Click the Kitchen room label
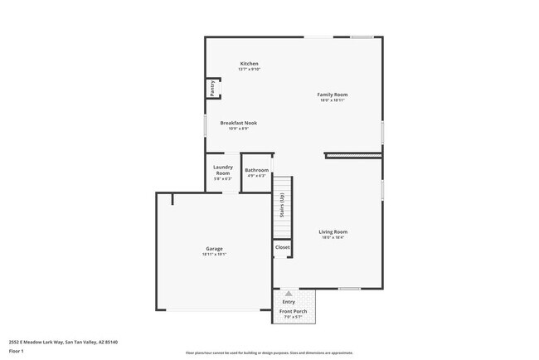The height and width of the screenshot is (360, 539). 250,64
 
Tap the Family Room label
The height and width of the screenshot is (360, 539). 333,95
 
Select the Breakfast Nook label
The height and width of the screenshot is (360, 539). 238,123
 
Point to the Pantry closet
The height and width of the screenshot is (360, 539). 211,89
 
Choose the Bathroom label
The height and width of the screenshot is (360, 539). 256,170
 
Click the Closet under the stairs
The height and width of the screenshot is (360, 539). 283,247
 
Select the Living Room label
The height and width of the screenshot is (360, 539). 333,231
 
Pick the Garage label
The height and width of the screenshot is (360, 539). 214,249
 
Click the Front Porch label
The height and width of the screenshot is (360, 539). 292,312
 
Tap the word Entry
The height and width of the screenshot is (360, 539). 289,302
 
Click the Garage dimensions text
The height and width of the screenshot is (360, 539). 214,255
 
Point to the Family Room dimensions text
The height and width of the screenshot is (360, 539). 333,100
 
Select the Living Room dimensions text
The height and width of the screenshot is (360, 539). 333,237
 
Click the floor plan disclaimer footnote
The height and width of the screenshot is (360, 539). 269,353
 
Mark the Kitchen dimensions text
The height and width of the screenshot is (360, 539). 250,70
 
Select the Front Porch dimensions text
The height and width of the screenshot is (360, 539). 292,318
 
